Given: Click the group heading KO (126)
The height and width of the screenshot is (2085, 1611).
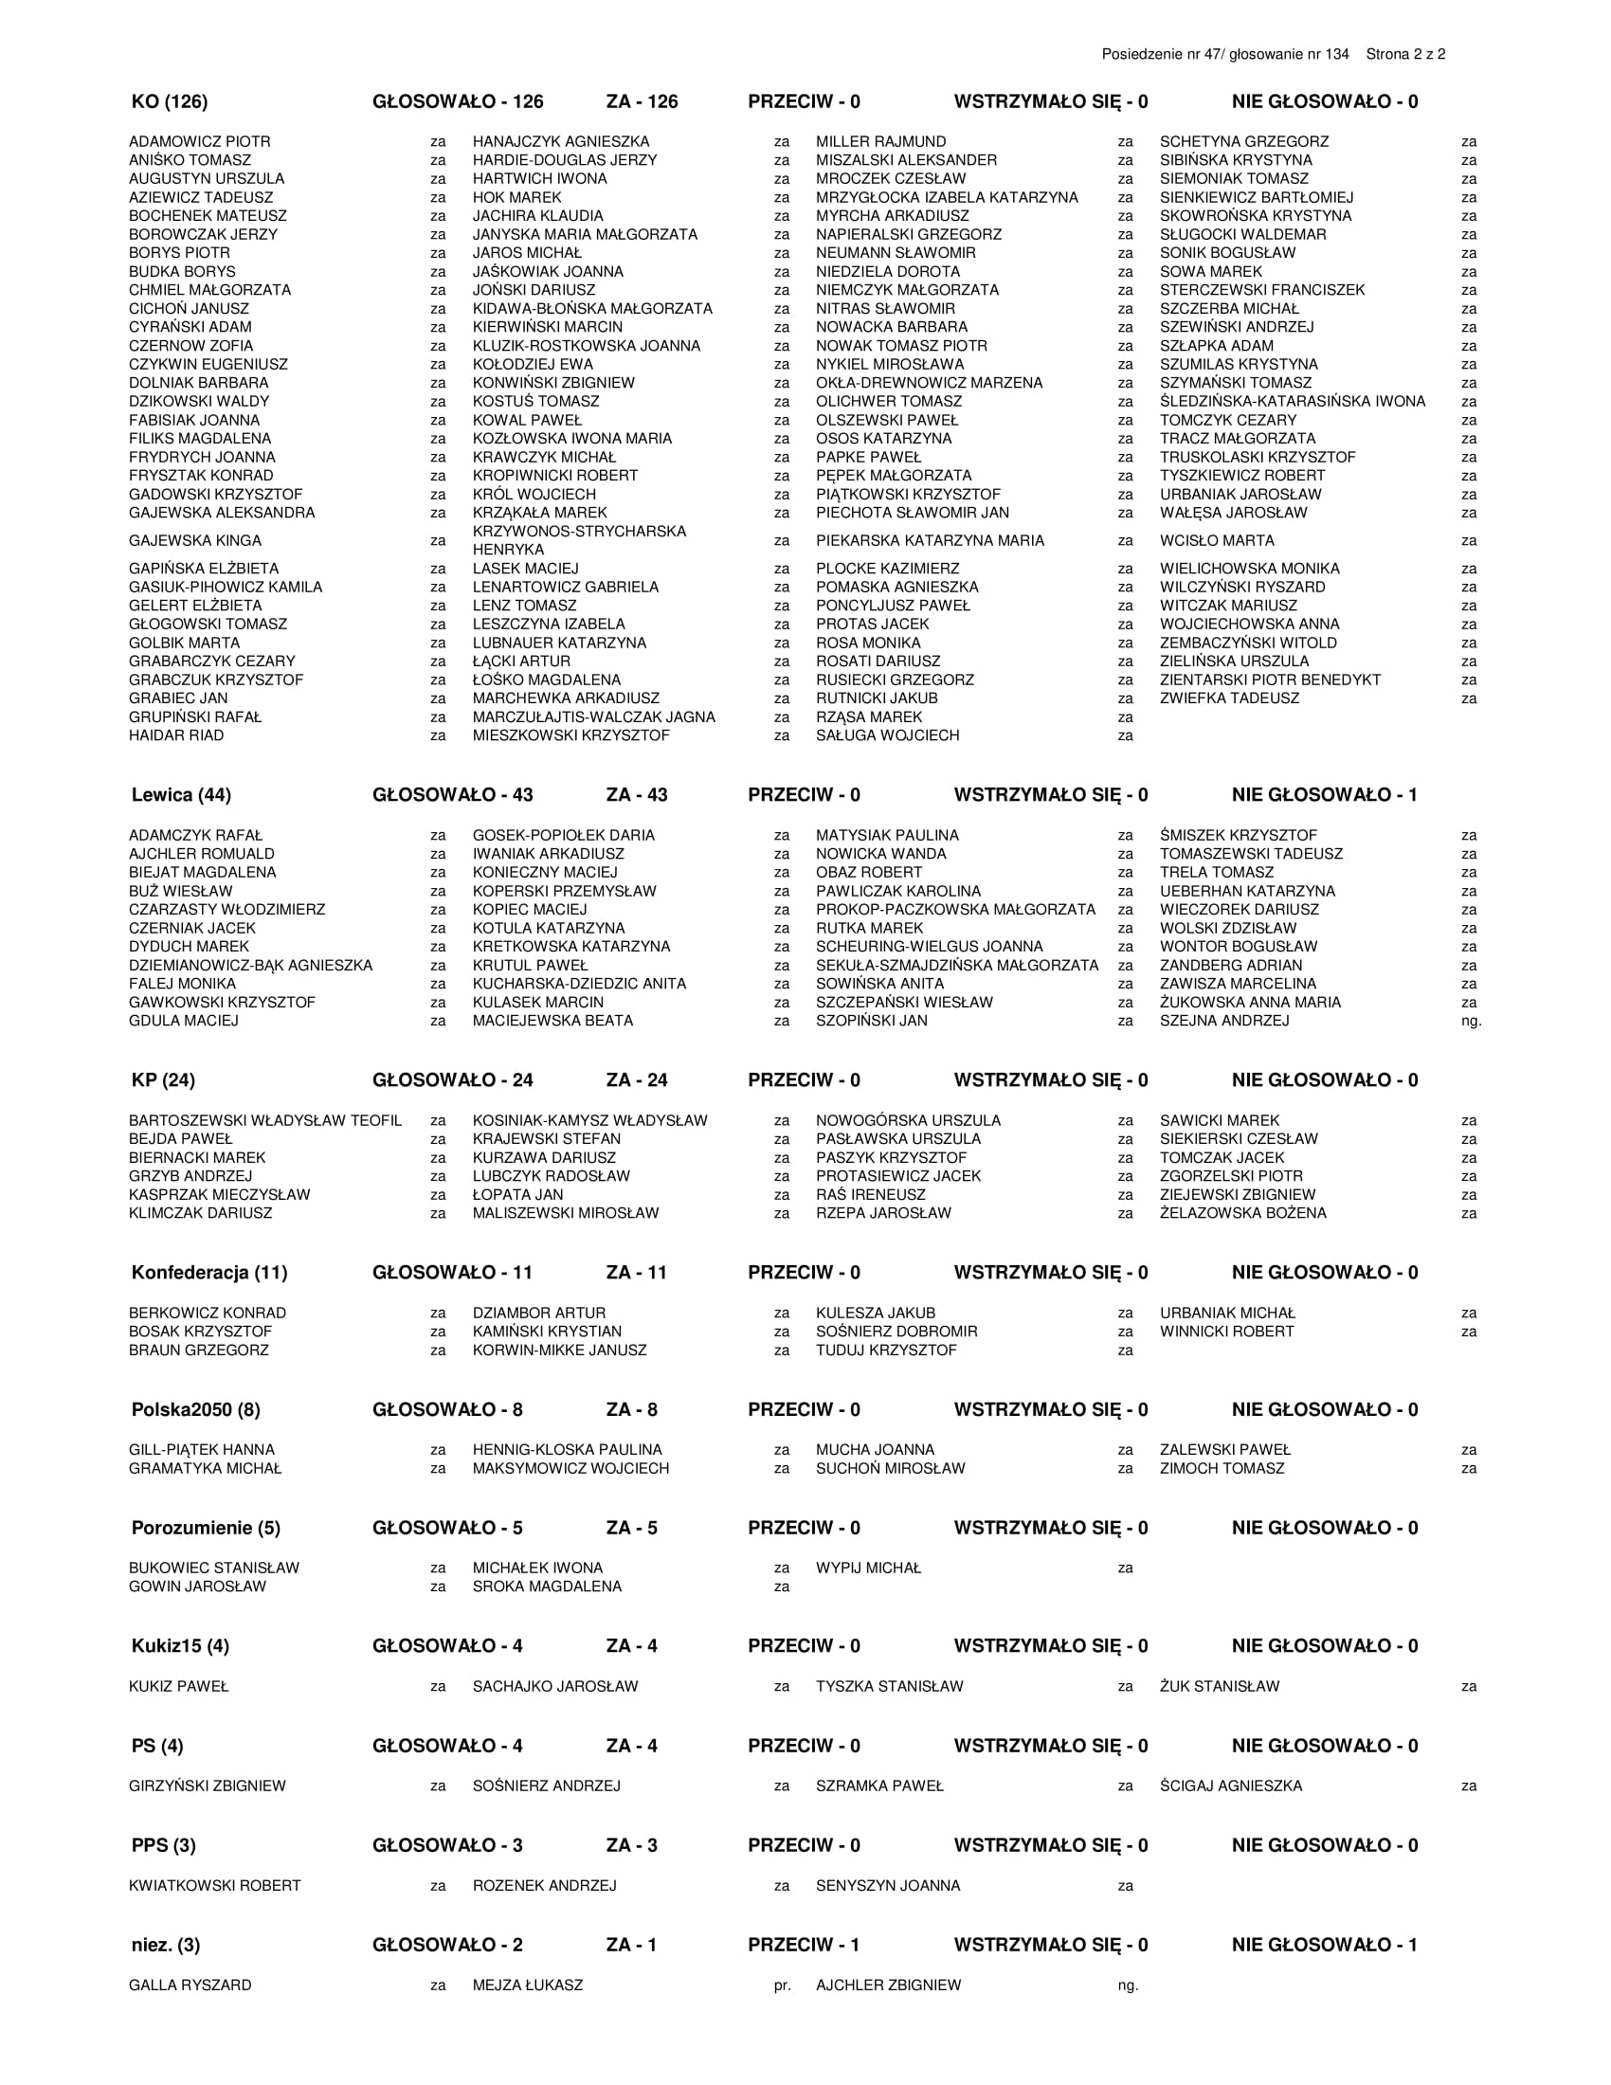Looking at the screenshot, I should pyautogui.click(x=169, y=102).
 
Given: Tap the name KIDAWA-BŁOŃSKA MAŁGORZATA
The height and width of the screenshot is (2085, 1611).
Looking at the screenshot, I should pyautogui.click(x=591, y=308).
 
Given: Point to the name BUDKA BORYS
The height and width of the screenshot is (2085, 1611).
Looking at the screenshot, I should pyautogui.click(x=181, y=271).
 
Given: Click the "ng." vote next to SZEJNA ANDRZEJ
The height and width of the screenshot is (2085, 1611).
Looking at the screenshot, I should pyautogui.click(x=1471, y=1021).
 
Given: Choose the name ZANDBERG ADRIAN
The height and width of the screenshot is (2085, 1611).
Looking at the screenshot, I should pyautogui.click(x=1230, y=965).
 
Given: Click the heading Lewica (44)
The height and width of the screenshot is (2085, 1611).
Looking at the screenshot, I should pyautogui.click(x=180, y=795).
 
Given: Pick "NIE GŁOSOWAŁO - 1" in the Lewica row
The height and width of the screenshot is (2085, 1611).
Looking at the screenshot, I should pyautogui.click(x=1324, y=795).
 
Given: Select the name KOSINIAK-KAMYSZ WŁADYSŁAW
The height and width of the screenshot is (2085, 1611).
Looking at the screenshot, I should pyautogui.click(x=589, y=1120).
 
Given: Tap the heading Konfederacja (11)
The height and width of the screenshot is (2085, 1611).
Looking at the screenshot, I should pyautogui.click(x=208, y=1273).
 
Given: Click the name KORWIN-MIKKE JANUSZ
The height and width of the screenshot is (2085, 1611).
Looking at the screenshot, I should pyautogui.click(x=559, y=1350).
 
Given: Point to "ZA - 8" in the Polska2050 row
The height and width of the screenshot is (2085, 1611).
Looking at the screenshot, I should pyautogui.click(x=631, y=1410).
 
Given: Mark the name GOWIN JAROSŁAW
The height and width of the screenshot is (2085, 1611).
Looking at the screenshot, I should pyautogui.click(x=197, y=1586).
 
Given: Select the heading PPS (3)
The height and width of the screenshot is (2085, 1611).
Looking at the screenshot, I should pyautogui.click(x=163, y=1845).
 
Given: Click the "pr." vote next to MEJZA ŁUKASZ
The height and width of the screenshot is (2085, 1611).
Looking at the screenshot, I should pyautogui.click(x=782, y=1985).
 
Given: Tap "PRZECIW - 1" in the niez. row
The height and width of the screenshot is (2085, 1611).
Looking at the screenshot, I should pyautogui.click(x=804, y=1945).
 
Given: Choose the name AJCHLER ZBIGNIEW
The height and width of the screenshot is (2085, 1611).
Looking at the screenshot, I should pyautogui.click(x=888, y=1985).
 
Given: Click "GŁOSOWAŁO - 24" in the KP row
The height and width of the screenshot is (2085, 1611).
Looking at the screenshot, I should pyautogui.click(x=452, y=1079).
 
